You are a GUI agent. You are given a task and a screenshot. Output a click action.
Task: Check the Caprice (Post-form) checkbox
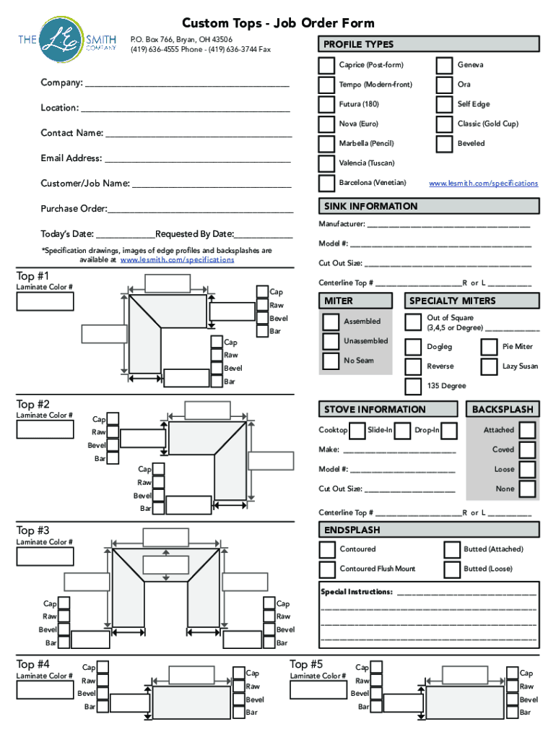327,65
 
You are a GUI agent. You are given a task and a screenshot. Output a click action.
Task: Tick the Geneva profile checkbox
445,65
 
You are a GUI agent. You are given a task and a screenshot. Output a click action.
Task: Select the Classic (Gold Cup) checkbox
445,124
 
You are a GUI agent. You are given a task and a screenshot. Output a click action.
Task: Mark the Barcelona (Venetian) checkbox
327,183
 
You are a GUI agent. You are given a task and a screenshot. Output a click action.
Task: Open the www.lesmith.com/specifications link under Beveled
483,184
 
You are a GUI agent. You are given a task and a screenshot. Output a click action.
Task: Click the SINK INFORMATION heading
371,207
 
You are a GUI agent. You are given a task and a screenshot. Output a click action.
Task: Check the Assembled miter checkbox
331,322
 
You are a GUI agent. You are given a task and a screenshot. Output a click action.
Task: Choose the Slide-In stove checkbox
358,431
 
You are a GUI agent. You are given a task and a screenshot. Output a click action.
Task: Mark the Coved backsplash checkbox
528,449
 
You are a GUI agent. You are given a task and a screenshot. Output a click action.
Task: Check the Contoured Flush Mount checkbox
328,569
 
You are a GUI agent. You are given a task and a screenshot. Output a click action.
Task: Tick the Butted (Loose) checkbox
452,569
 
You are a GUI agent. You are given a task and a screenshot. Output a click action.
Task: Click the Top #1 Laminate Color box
45,301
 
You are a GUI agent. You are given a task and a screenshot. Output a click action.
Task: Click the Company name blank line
187,84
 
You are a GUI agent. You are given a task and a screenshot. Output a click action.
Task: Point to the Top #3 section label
33,530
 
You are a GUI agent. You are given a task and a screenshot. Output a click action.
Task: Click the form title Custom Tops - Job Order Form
278,23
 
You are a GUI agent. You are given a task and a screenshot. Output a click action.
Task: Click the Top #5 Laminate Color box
318,690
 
